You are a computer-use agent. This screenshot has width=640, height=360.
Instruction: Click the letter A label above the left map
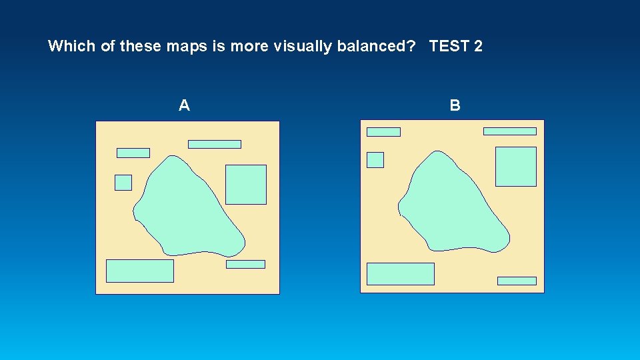point(185,105)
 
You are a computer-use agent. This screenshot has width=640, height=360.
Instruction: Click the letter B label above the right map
point(455,105)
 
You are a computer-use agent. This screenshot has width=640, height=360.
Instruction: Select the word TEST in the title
point(448,47)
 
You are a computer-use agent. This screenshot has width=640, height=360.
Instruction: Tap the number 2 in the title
point(478,47)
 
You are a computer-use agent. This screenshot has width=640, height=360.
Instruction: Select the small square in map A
point(123,182)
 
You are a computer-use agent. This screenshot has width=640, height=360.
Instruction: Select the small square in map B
point(375,160)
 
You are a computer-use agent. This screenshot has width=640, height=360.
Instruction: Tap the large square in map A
point(246,185)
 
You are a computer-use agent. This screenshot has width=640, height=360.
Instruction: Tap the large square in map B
point(515,167)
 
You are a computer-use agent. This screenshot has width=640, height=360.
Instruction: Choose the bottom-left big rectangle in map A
point(140,271)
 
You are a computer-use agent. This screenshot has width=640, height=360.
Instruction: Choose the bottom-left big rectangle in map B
point(400,274)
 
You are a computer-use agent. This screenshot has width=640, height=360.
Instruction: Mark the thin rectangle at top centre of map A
point(215,144)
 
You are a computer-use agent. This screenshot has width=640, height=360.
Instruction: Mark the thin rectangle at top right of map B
point(509,131)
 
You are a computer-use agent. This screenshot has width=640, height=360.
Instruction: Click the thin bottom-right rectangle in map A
point(245,265)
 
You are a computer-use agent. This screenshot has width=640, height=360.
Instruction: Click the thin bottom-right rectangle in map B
point(517,281)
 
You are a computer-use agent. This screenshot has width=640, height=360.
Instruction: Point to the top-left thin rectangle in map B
point(383,132)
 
